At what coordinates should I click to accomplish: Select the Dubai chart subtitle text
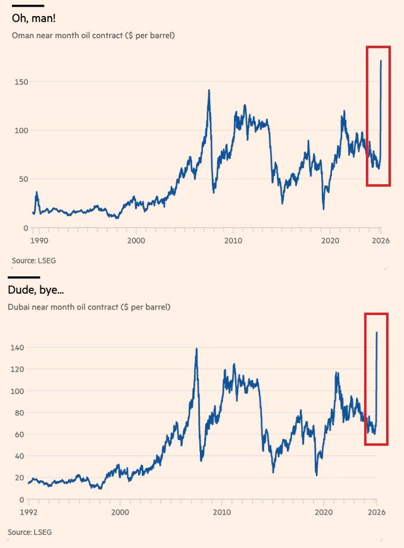[89, 307]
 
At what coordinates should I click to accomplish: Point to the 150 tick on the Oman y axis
[21, 81]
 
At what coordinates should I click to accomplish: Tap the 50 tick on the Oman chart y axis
[23, 179]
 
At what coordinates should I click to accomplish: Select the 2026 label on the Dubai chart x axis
[377, 511]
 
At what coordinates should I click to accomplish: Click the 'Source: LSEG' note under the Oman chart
[34, 260]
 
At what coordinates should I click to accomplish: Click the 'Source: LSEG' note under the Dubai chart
[34, 532]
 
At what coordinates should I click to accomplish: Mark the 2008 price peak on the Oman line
[209, 90]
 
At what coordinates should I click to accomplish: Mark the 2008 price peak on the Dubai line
[196, 349]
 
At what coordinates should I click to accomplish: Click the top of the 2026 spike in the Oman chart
[381, 60]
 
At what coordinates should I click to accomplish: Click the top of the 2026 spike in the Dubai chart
[377, 332]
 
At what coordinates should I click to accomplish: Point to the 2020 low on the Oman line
[323, 209]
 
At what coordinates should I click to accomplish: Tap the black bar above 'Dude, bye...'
[24, 277]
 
